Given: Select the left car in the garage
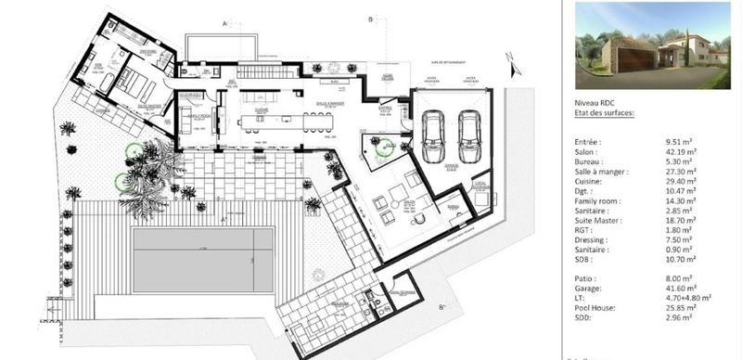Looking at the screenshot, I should point(432,135).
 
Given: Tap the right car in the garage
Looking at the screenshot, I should point(470,135).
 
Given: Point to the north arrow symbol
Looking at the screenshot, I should point(509,64).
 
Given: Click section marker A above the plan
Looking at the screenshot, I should point(224,20).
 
